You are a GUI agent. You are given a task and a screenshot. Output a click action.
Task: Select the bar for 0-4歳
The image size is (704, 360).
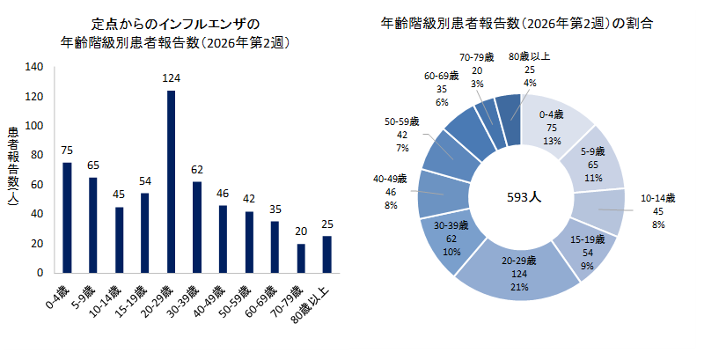(67, 217)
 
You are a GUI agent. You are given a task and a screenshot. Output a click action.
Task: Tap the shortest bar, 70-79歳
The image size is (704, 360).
(301, 258)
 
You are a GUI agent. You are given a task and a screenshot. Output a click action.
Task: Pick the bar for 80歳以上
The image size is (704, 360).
(326, 254)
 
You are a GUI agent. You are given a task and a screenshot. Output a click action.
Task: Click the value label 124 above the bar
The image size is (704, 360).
(171, 78)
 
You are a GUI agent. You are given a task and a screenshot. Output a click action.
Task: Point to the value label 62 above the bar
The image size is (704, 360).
(197, 170)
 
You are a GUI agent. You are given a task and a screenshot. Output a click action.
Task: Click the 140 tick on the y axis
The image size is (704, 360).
(35, 67)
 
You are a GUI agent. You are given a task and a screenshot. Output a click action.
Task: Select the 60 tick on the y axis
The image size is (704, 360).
(38, 185)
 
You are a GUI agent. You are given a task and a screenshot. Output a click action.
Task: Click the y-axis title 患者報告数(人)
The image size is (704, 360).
(13, 169)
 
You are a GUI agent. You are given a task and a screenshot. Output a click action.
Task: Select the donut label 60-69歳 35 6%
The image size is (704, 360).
(443, 89)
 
